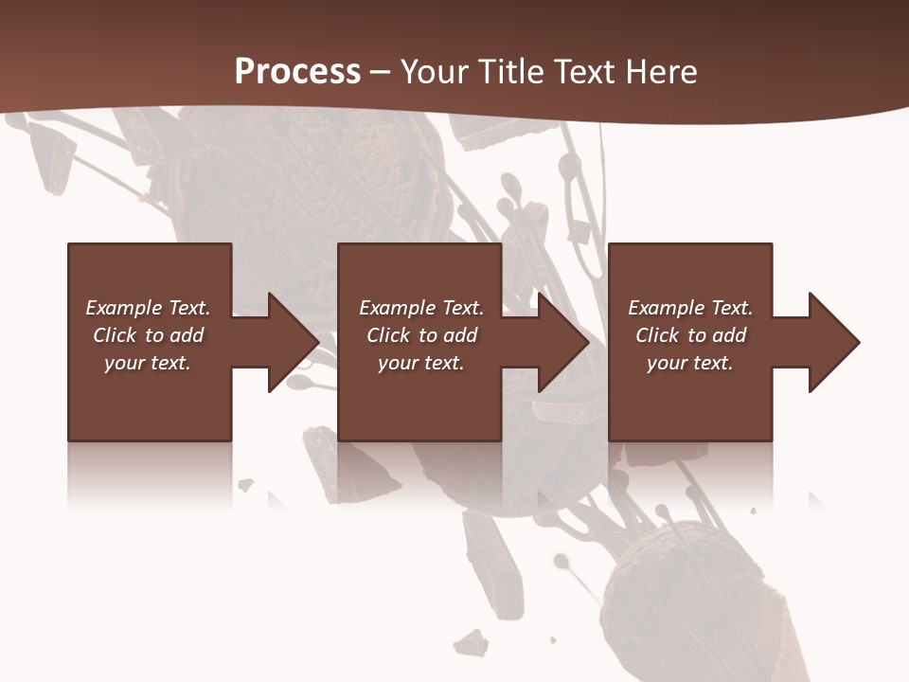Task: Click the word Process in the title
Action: tap(297, 71)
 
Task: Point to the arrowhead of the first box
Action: tap(294, 342)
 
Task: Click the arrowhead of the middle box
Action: tap(564, 342)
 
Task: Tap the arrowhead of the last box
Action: tap(834, 342)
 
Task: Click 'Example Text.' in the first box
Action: tap(148, 308)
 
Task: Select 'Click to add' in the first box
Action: tap(148, 335)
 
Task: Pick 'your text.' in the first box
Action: tap(148, 363)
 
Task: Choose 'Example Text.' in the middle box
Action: tap(420, 308)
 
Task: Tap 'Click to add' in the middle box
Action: tap(420, 335)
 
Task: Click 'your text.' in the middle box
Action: tap(420, 363)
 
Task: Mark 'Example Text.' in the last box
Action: tap(690, 308)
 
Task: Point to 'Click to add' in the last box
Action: tap(690, 335)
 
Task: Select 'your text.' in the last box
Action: tap(690, 363)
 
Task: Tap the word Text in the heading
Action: tap(584, 71)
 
